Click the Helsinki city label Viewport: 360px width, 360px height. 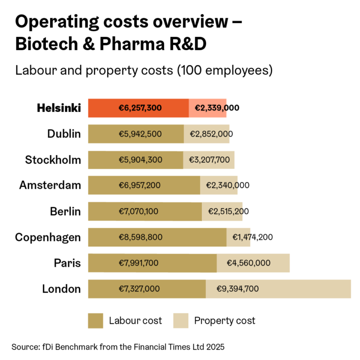coord(58,108)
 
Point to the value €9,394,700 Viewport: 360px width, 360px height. coord(237,289)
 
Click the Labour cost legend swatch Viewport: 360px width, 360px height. coord(95,321)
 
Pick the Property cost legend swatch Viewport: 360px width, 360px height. coord(180,321)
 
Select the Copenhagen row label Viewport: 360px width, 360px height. coord(48,237)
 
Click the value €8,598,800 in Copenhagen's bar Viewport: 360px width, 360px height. coord(140,237)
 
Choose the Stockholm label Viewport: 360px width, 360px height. coord(53,160)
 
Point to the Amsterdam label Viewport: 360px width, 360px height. coord(50,185)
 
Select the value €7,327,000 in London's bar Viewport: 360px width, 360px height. coord(139,289)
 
